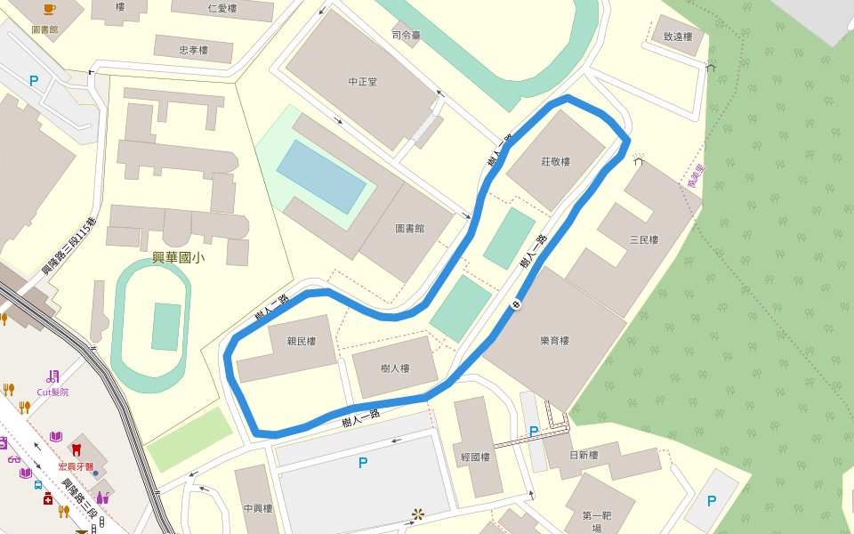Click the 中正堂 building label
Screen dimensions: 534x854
click(362, 82)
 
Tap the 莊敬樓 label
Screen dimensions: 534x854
click(555, 162)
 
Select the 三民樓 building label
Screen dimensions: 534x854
click(643, 239)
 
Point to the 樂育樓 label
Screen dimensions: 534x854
click(554, 341)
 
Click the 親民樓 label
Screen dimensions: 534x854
click(302, 341)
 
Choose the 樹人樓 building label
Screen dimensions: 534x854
click(394, 368)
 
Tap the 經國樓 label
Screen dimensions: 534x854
click(476, 457)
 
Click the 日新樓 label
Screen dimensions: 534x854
click(584, 456)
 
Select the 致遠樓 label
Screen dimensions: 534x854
click(678, 37)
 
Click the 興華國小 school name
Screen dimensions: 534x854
click(178, 258)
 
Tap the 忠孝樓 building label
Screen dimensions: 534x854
click(193, 51)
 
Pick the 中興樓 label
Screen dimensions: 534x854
click(257, 509)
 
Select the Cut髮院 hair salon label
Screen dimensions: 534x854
click(52, 392)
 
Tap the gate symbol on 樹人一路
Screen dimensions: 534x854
click(516, 305)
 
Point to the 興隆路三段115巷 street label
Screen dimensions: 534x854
click(69, 245)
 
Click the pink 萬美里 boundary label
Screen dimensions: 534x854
click(696, 176)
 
